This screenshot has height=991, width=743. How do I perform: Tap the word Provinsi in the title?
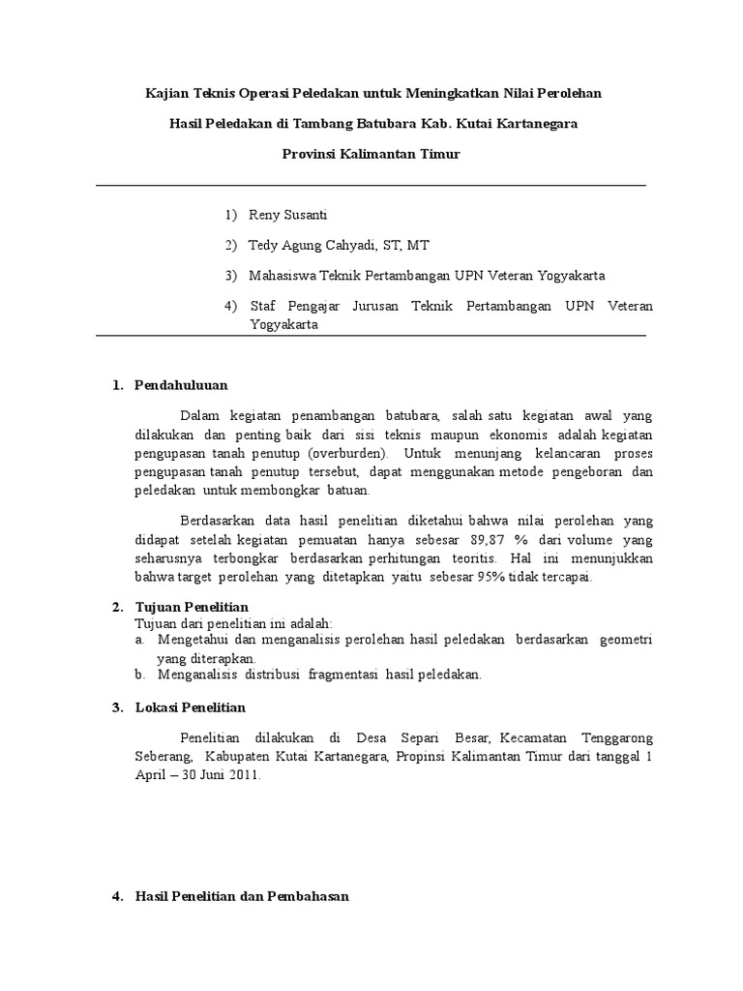tap(308, 155)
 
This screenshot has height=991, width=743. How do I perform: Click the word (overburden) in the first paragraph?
tap(345, 452)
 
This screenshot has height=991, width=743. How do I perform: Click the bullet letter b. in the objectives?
tap(140, 674)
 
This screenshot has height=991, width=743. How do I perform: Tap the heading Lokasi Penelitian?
tap(191, 708)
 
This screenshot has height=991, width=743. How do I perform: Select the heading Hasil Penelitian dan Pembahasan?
tap(242, 897)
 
